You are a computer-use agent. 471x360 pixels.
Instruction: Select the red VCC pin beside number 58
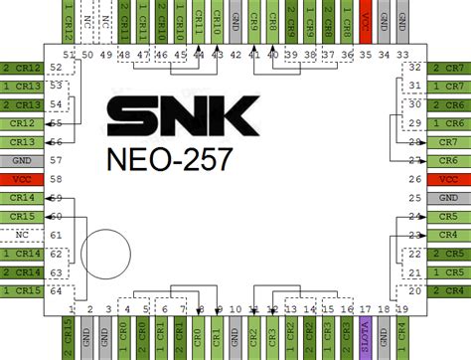tap(22, 179)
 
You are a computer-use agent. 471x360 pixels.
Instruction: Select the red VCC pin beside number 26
tap(449, 179)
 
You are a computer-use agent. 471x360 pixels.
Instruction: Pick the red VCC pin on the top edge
tap(366, 22)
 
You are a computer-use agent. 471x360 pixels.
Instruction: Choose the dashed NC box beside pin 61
tap(22, 234)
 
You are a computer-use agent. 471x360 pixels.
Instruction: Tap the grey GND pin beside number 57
tap(22, 160)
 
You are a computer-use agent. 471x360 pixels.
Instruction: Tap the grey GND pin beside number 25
tap(449, 198)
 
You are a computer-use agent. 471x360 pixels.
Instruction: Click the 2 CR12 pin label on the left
tap(22, 69)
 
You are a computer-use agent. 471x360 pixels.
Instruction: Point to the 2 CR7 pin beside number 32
tap(449, 69)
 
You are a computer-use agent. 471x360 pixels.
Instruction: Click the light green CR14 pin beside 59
tap(22, 197)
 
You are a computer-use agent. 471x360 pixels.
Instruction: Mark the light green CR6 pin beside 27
tap(449, 160)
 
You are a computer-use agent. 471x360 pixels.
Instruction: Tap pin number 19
tap(402, 309)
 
